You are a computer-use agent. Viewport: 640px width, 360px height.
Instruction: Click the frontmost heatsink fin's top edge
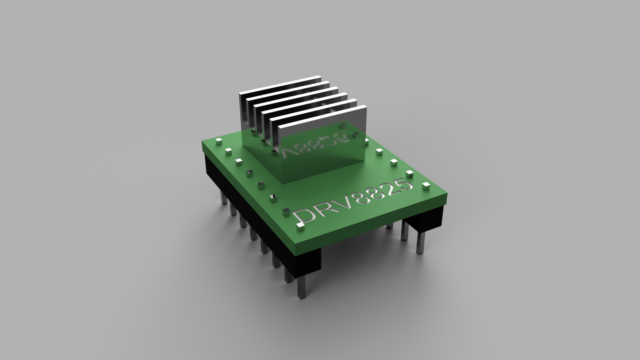pos(322,116)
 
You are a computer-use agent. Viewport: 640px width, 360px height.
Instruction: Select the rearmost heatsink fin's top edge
pos(280,84)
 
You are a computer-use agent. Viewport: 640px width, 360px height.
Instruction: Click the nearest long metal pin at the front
pos(301,288)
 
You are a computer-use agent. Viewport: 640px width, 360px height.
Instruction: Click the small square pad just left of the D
pos(287,211)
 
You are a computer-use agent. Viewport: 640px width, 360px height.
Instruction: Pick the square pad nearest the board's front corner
pos(300,228)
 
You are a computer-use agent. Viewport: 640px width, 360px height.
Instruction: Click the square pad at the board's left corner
pos(218,141)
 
